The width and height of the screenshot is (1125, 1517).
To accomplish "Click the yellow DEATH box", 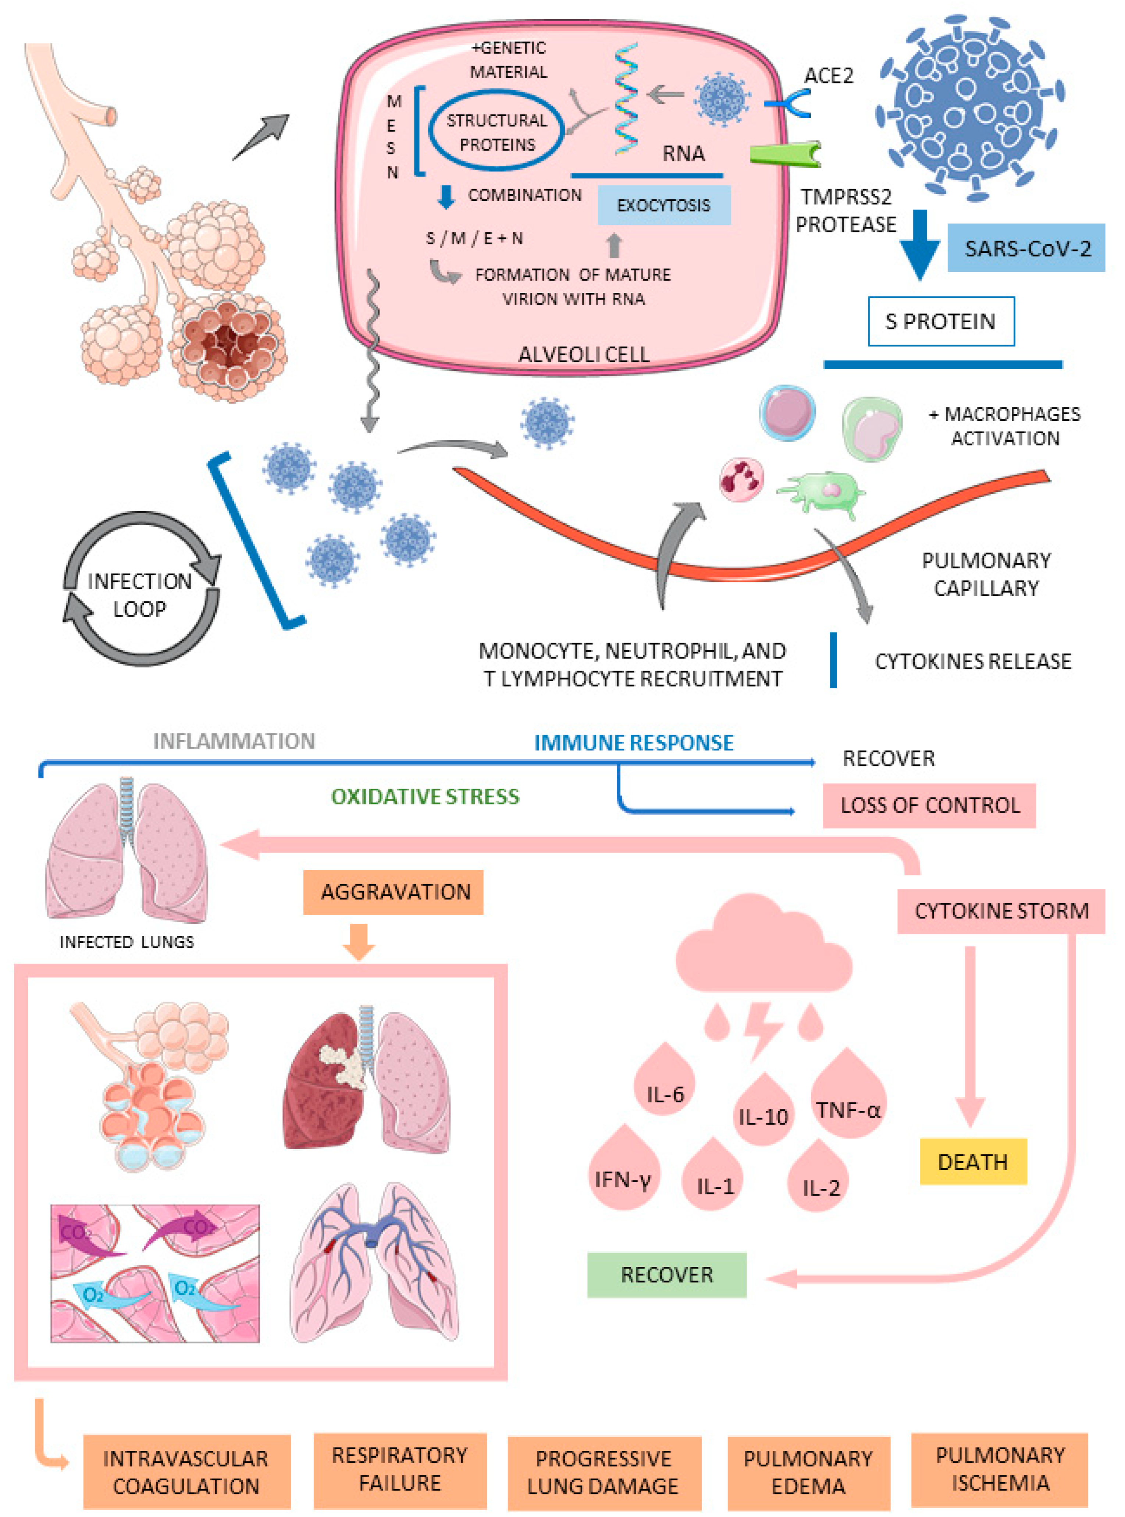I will (x=972, y=1161).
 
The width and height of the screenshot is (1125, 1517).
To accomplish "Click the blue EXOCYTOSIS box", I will (x=663, y=205).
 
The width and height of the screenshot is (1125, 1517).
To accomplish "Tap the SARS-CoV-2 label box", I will (x=1026, y=248).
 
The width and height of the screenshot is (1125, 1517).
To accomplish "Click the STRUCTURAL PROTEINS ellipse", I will (x=496, y=132).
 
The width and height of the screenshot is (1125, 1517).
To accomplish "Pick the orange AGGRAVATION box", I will (x=394, y=892).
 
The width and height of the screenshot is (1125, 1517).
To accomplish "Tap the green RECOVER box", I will (x=667, y=1275).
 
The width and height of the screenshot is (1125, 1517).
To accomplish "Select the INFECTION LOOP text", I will (x=140, y=595).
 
